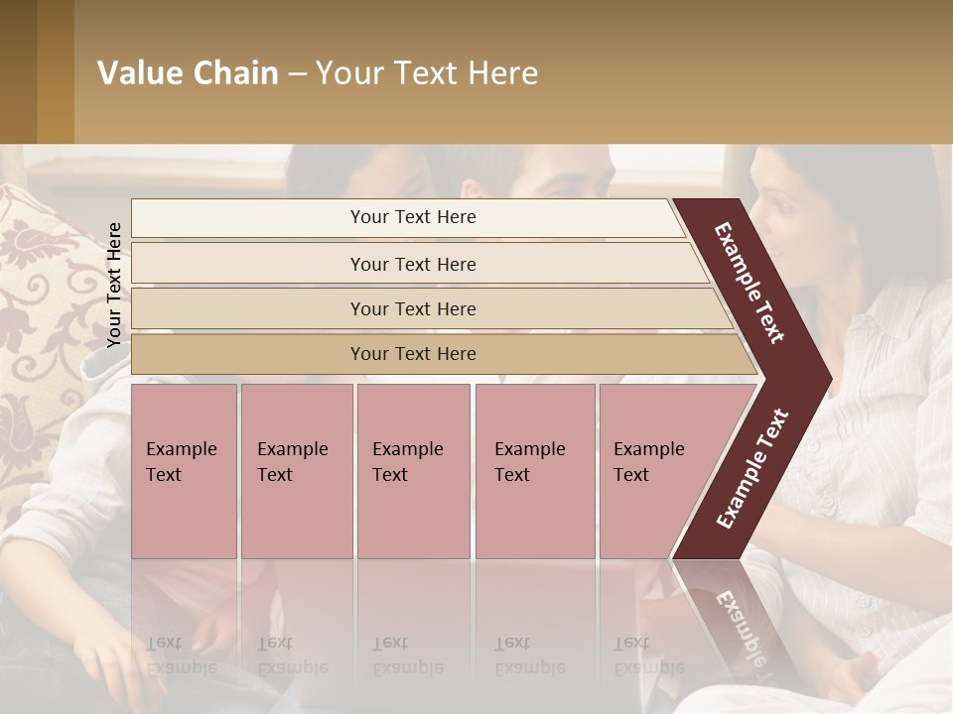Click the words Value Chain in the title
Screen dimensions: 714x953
(x=188, y=73)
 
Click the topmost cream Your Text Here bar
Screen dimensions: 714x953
(x=413, y=217)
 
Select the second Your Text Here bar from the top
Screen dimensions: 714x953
(x=413, y=264)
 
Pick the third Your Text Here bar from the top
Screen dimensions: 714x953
(x=413, y=308)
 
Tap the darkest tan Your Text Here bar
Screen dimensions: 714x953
(x=413, y=354)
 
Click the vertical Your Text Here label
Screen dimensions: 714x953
(x=114, y=285)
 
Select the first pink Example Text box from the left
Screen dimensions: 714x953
(x=184, y=471)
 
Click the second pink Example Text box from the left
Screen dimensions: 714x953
(x=296, y=471)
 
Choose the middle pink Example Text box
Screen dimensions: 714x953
(x=413, y=471)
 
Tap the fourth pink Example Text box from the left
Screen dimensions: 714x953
(x=534, y=471)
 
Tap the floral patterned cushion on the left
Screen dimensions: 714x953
(x=40, y=297)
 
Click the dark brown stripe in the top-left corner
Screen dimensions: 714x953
(x=18, y=71)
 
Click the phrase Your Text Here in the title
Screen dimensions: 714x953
(x=427, y=73)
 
